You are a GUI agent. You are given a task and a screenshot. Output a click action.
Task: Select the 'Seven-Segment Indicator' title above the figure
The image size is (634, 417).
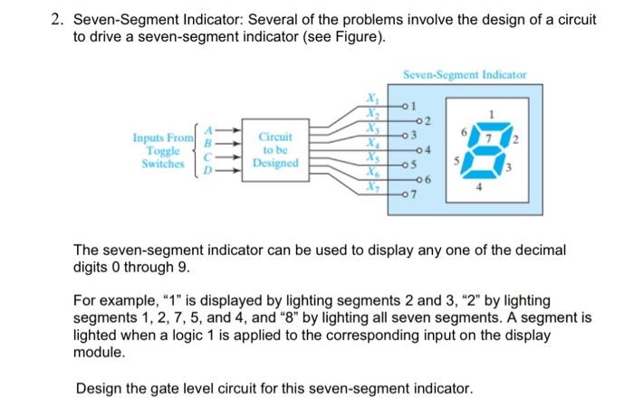tap(466, 74)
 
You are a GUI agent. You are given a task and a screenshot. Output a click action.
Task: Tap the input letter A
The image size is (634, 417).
tap(212, 129)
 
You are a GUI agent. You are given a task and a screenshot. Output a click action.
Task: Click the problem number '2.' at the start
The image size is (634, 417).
tap(56, 19)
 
